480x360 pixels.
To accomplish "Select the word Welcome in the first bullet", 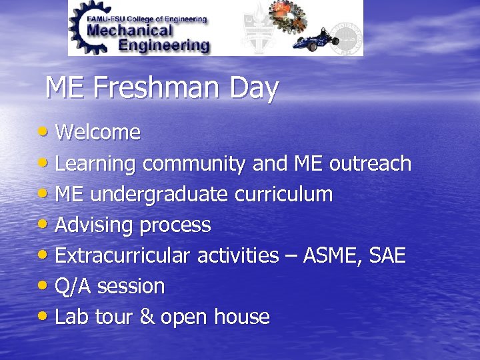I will point(97,133).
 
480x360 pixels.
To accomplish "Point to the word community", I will point(195,165).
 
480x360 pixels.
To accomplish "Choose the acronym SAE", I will point(386,256).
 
